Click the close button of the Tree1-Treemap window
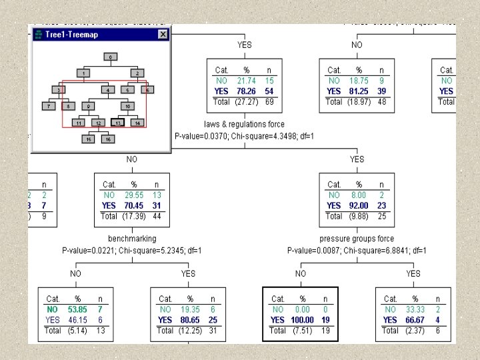click(x=163, y=34)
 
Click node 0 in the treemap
click(x=111, y=57)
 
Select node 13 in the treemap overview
click(x=118, y=123)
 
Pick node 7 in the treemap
click(x=49, y=105)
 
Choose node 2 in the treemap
click(x=137, y=73)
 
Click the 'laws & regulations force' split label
click(x=244, y=124)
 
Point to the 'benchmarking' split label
click(x=132, y=238)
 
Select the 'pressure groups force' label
click(x=357, y=238)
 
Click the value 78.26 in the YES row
click(x=247, y=91)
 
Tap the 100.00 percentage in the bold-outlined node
click(x=302, y=319)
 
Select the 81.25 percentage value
click(x=359, y=91)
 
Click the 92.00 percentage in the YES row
click(x=359, y=205)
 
